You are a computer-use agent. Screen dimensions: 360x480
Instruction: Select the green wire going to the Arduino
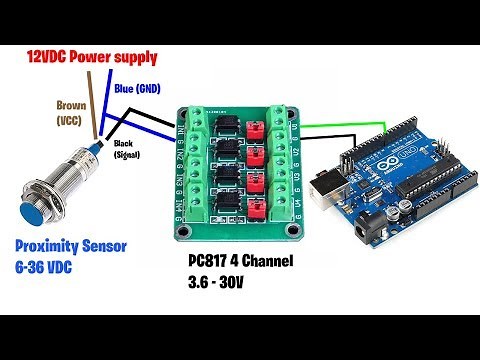click(x=330, y=128)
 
